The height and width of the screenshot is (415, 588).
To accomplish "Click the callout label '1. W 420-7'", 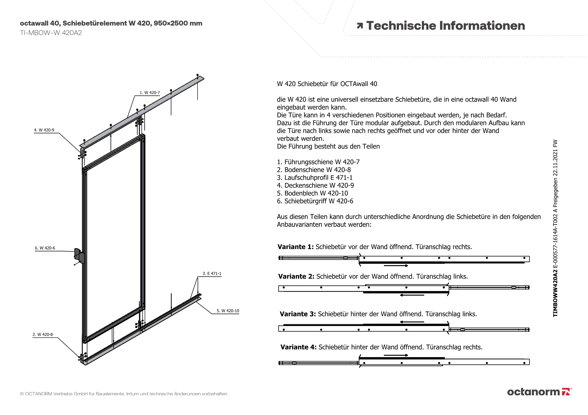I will point(150,93).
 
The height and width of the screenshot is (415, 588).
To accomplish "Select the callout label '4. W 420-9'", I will point(44,130).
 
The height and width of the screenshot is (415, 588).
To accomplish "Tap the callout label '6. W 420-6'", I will point(45,248).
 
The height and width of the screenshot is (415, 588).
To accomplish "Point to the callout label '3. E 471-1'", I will point(212,274).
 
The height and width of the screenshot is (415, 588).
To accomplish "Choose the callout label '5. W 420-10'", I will point(228,311).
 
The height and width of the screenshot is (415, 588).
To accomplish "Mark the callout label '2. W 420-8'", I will point(43,335).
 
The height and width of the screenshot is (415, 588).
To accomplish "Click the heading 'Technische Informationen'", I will point(445,26).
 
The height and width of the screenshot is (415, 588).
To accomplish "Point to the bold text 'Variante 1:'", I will point(296,247).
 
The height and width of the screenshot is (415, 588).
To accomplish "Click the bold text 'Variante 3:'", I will point(298,314).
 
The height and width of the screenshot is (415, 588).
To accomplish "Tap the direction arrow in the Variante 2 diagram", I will point(412,295).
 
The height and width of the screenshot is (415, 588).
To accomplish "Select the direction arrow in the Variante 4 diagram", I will point(396,355).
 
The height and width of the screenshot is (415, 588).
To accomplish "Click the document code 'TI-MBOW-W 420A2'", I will point(51,33).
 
